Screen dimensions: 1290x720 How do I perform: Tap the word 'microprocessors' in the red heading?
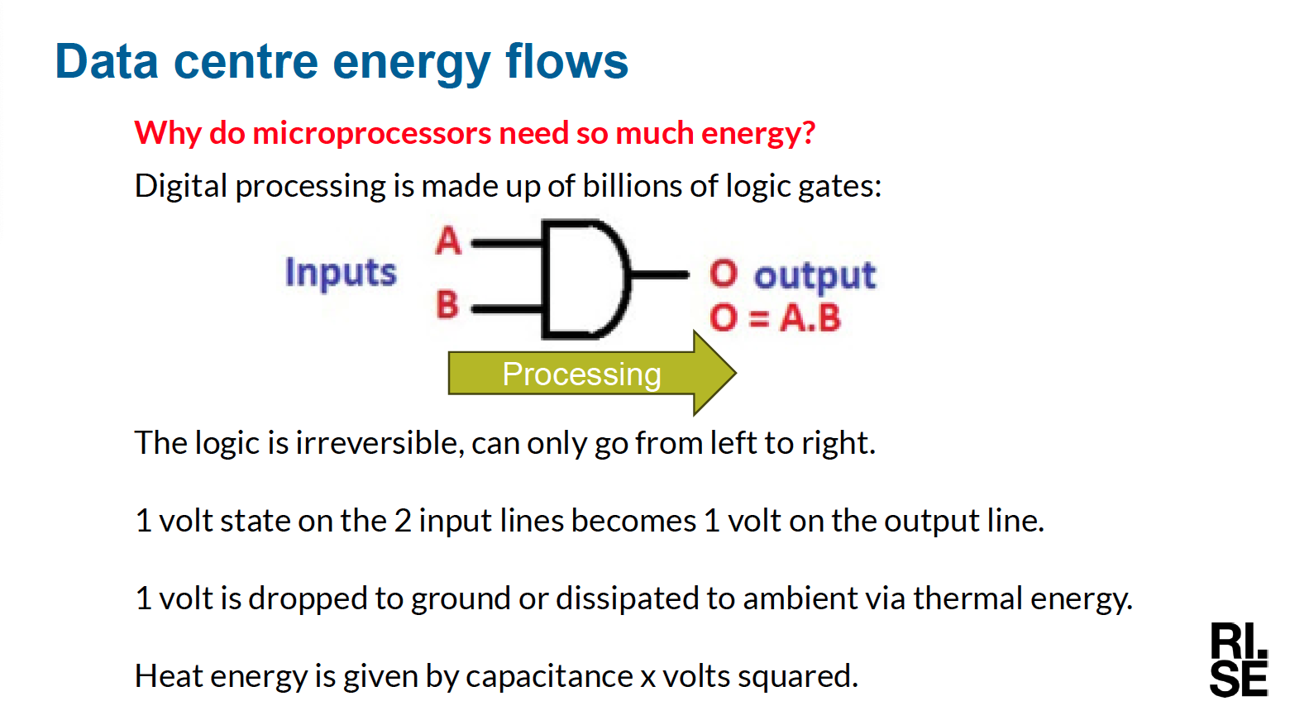[x=372, y=133]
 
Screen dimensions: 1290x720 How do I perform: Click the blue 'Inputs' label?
[x=341, y=272]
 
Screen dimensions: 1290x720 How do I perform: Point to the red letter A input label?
[x=448, y=241]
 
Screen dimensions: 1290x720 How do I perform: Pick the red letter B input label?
[x=447, y=304]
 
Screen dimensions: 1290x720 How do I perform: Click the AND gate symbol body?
[x=585, y=279]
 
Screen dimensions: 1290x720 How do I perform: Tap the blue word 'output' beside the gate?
[x=815, y=276]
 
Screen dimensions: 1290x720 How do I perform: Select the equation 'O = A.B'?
[x=775, y=317]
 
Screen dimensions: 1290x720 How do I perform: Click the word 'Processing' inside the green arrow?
[x=581, y=374]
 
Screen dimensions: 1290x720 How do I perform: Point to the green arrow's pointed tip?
[x=736, y=373]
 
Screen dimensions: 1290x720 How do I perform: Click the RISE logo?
[x=1239, y=659]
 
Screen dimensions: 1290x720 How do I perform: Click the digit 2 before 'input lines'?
[x=403, y=521]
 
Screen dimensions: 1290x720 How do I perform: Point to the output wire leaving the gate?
[x=659, y=275]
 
